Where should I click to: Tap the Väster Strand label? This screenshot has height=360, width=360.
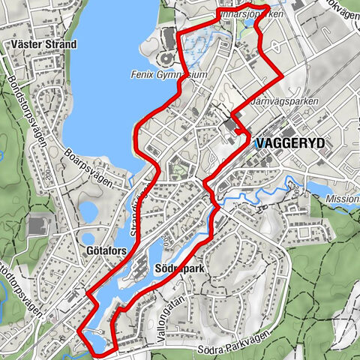tap(45, 44)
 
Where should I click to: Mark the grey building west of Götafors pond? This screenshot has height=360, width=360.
tap(35, 225)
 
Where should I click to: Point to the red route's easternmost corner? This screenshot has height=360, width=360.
tap(282, 76)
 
